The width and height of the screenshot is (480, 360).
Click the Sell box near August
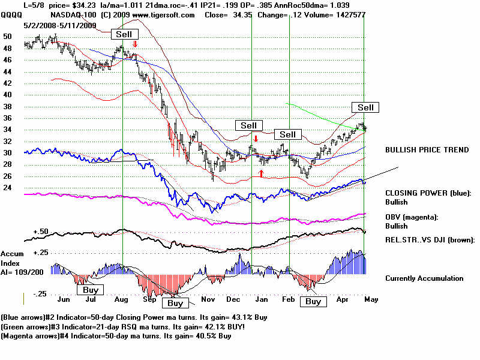[x=124, y=34]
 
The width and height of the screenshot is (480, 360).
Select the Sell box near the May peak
[x=365, y=107]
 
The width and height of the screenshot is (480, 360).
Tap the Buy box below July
[x=91, y=290]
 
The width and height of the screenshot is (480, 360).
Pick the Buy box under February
[x=313, y=302]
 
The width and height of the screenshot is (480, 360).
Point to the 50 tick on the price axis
[x=7, y=36]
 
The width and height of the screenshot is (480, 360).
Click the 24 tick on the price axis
[x=7, y=188]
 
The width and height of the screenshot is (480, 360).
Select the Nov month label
[x=208, y=298]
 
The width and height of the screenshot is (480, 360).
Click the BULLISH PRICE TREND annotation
[x=427, y=150]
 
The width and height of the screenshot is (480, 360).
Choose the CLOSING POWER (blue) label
[x=428, y=193]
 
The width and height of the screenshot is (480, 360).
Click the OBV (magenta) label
[x=412, y=217]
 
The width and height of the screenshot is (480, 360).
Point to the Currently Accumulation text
[x=424, y=278]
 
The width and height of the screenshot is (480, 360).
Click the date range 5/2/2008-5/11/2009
[x=60, y=26]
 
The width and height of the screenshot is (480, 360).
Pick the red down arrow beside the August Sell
[x=136, y=44]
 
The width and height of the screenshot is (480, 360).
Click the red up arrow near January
[x=261, y=173]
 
